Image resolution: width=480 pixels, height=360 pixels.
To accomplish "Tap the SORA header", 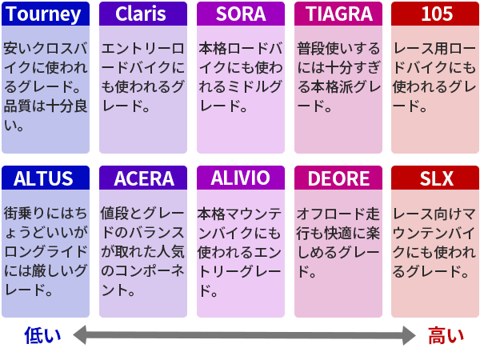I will coord(240,14).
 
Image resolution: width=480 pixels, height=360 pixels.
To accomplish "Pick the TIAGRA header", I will coord(338,14).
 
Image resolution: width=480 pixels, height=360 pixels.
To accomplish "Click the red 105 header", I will coord(435,14).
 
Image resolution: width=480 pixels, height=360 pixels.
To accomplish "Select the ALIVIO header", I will coord(240,178).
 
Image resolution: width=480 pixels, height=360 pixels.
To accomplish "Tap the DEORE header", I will coord(338,178).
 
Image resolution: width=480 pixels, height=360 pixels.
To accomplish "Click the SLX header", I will coord(435,178).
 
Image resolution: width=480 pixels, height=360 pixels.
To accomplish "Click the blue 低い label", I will coord(42,334).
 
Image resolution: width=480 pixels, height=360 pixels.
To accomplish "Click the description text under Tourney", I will coord(45,86).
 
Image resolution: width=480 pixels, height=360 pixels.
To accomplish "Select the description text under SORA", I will coord(240,77).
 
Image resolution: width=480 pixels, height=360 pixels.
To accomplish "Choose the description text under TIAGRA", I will coord(338,77).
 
